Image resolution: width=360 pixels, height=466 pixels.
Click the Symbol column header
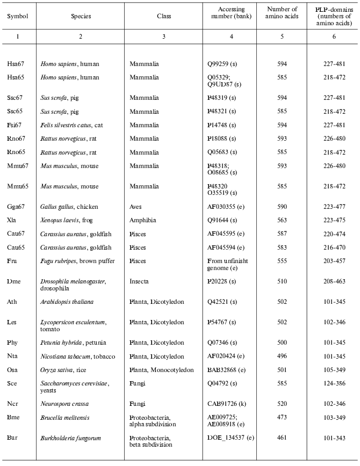tap(17, 16)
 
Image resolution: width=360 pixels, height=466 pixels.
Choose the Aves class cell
tap(136, 207)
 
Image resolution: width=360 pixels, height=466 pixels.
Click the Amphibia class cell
tap(141, 220)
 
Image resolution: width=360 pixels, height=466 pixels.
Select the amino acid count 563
tap(282, 220)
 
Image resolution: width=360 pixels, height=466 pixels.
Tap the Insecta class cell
tap(139, 281)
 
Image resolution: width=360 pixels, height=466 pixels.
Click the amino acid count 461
tap(282, 438)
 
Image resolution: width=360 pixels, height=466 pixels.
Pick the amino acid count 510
tap(282, 281)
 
